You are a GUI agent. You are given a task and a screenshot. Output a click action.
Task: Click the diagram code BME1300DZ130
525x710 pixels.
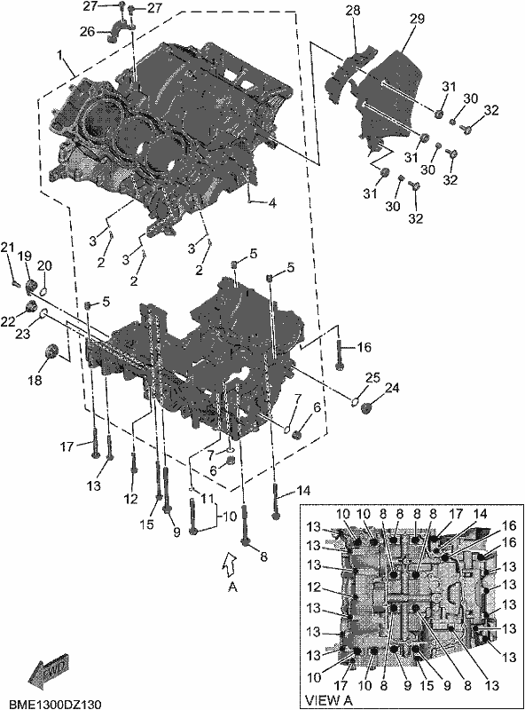55,704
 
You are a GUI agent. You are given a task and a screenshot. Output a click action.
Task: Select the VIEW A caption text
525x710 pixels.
329,699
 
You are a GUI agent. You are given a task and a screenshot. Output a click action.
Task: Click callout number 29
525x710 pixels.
418,19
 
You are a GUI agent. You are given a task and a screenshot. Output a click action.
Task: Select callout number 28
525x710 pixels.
353,11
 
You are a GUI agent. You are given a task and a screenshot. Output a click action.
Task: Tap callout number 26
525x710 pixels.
87,31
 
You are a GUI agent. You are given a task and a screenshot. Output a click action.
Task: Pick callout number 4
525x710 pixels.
271,203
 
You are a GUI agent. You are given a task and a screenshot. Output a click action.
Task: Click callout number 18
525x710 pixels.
35,380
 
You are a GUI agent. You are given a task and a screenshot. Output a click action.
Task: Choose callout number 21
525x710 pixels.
7,248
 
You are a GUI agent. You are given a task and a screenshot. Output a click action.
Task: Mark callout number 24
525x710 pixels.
392,388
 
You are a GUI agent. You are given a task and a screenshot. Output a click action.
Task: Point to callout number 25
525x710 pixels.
373,378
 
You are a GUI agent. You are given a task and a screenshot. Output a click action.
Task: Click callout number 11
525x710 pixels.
208,499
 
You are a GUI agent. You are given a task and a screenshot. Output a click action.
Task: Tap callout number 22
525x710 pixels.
8,321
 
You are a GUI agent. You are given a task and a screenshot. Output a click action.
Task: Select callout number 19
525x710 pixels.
25,256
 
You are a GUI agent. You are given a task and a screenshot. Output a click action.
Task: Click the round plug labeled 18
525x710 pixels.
51,351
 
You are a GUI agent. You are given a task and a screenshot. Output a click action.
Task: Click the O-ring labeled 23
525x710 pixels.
43,312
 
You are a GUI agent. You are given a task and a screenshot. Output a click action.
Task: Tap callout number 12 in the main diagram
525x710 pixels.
131,499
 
